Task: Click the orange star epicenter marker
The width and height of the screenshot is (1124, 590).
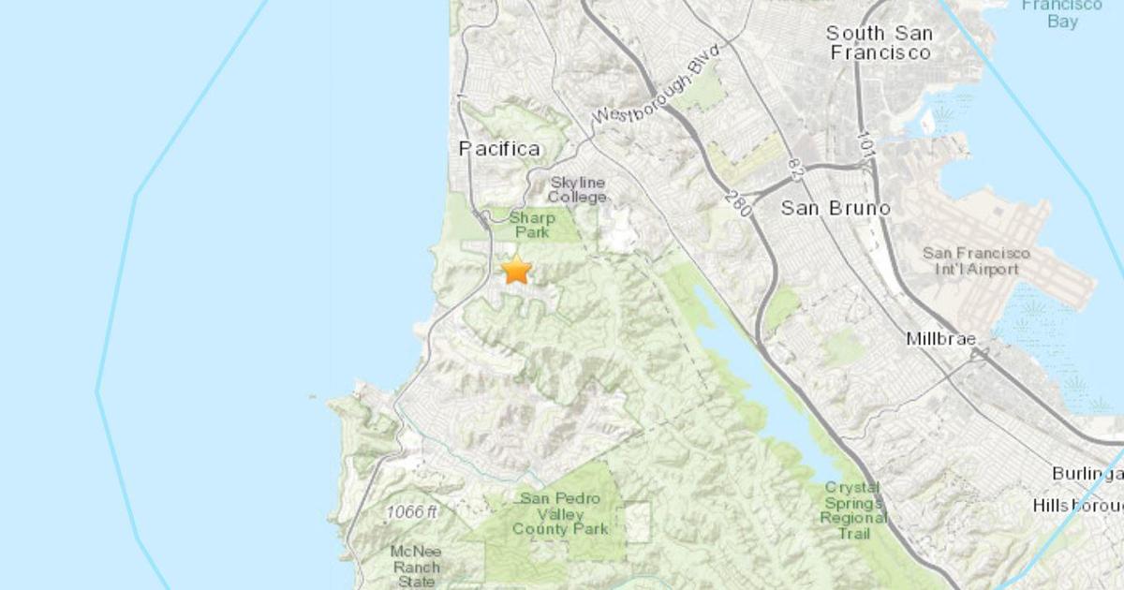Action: click(x=516, y=270)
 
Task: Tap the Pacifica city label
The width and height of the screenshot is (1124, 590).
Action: click(x=499, y=149)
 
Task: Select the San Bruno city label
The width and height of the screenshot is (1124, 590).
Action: click(x=836, y=208)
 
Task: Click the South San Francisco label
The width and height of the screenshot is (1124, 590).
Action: click(x=880, y=43)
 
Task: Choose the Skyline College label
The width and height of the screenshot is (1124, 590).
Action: click(x=577, y=189)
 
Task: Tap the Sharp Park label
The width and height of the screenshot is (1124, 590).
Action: click(x=532, y=225)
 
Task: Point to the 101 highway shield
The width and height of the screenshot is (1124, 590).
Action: click(x=866, y=143)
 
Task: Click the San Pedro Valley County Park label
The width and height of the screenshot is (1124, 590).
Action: click(x=560, y=513)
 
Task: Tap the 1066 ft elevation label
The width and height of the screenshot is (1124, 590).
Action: click(x=411, y=512)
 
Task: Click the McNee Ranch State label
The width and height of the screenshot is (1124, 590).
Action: click(x=415, y=565)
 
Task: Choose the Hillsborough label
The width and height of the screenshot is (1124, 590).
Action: click(x=1077, y=506)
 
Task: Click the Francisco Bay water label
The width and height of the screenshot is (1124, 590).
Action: click(x=1062, y=13)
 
